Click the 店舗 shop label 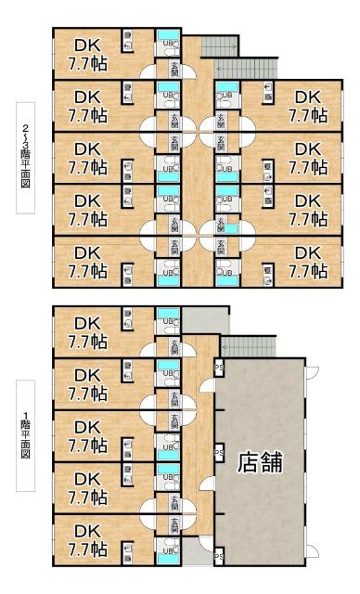260,460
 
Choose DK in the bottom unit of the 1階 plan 86,531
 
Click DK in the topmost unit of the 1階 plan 86,324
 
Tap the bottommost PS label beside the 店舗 219,557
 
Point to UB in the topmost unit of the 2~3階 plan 168,43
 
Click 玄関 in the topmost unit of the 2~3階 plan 174,68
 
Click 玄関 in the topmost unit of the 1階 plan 174,346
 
